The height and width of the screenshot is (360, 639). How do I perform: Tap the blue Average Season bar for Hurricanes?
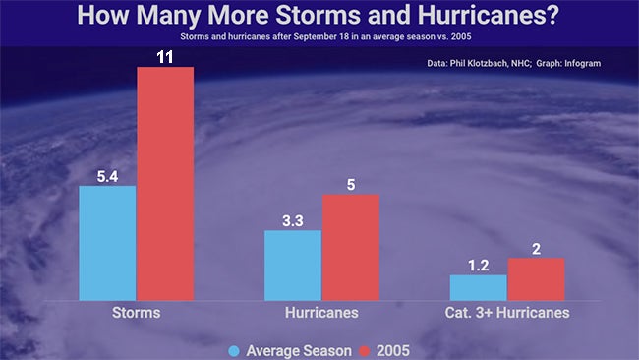pos(293,265)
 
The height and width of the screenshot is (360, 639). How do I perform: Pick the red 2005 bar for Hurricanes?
pos(351,247)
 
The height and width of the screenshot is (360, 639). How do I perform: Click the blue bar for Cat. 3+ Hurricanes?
pos(478,287)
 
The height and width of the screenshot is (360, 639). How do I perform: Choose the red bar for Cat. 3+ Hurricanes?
pos(536,278)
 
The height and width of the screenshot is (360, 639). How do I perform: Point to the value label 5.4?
pos(107,176)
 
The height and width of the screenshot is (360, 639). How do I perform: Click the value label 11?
pos(165,57)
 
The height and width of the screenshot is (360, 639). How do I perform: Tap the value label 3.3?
pos(293,221)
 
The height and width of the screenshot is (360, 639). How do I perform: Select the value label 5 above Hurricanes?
pos(351,185)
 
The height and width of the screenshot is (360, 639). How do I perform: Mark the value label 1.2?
pos(478,266)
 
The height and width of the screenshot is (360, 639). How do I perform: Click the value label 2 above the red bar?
pos(536,249)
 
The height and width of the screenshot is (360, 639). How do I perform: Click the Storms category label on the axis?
pos(137,313)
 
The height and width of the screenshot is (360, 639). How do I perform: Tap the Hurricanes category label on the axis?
pos(321,313)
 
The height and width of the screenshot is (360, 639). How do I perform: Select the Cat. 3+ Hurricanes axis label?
pos(507,313)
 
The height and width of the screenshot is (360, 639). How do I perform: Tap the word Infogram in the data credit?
pos(580,63)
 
